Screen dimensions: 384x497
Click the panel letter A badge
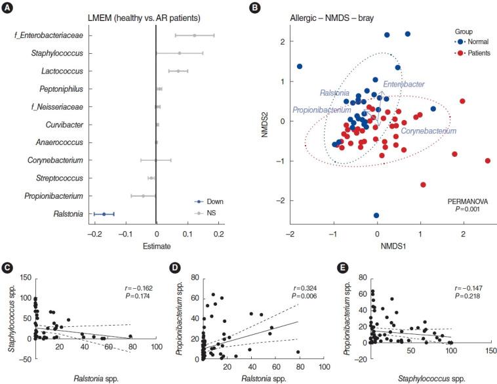pyautogui.click(x=7, y=8)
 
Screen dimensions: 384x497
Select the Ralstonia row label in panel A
pyautogui.click(x=69, y=213)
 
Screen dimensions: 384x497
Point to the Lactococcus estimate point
pyautogui.click(x=178, y=70)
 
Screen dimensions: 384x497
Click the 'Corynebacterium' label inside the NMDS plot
pyautogui.click(x=428, y=131)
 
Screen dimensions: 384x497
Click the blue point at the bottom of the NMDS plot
pyautogui.click(x=376, y=215)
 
